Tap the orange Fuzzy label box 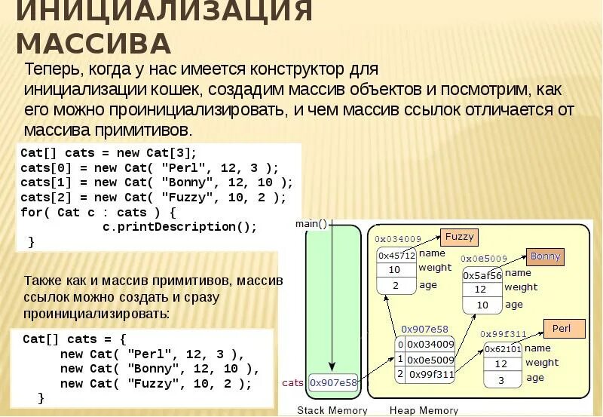pos(460,237)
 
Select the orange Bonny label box pos(546,256)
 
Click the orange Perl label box pos(562,329)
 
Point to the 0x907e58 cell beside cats pos(333,383)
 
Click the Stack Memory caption pos(332,410)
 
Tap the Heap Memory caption pos(424,410)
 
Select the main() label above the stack pos(311,224)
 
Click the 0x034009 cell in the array pos(430,345)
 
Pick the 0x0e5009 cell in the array pos(430,360)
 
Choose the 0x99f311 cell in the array pos(430,374)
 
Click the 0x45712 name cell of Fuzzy pos(396,256)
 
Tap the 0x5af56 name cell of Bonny pos(482,275)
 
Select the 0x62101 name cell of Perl pos(503,349)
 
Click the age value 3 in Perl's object pos(500,380)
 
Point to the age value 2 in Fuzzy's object pos(396,286)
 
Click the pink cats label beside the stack pos(292,383)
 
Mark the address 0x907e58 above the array pos(424,329)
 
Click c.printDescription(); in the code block pos(179,227)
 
